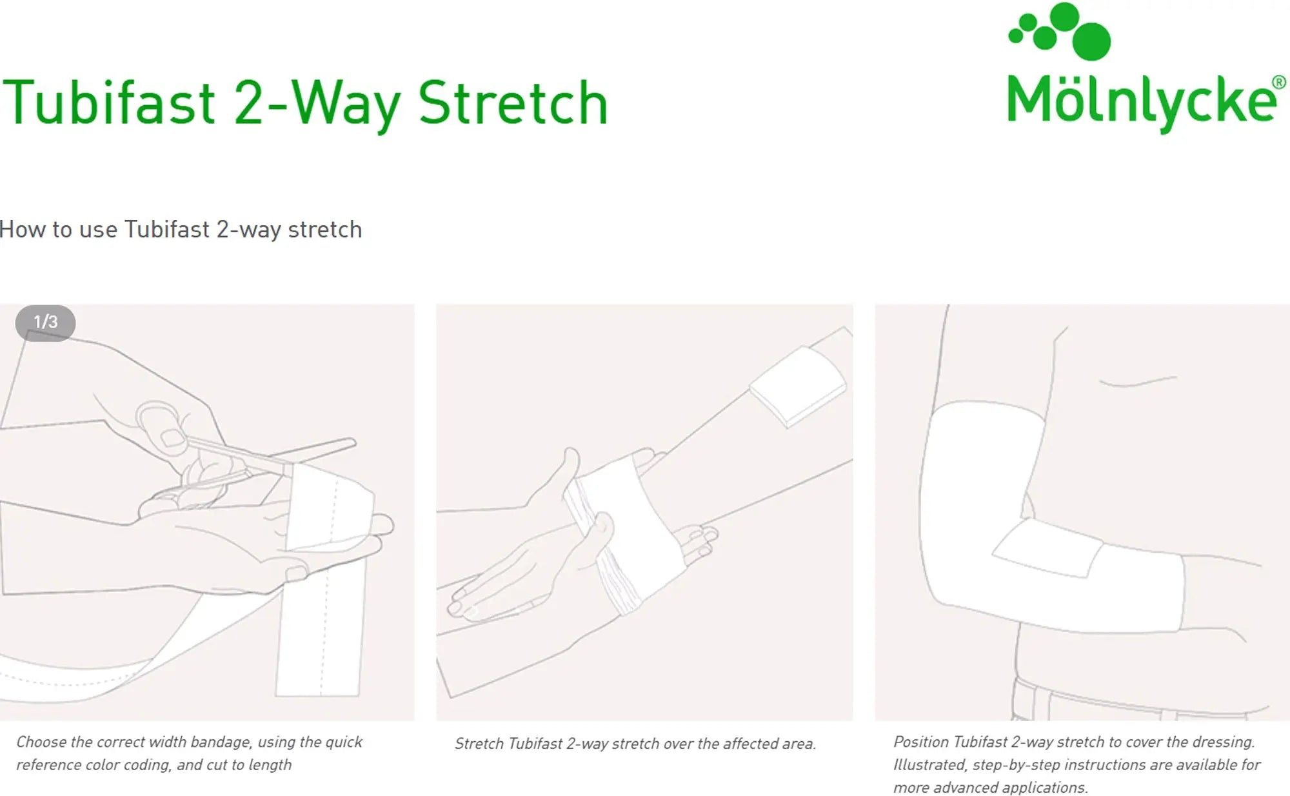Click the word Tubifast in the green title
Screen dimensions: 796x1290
[x=110, y=103]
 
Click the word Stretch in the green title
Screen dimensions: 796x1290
[x=513, y=103]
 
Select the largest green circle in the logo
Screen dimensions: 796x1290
[x=1091, y=41]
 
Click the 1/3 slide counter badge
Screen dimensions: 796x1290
[x=45, y=322]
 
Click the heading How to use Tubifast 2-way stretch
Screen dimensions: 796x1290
[x=181, y=230]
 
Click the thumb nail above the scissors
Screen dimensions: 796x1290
[x=171, y=438]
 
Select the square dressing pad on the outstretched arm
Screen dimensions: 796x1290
[x=798, y=385]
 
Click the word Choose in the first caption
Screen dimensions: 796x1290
[x=41, y=742]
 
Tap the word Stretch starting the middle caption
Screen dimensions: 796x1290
[x=479, y=744]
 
